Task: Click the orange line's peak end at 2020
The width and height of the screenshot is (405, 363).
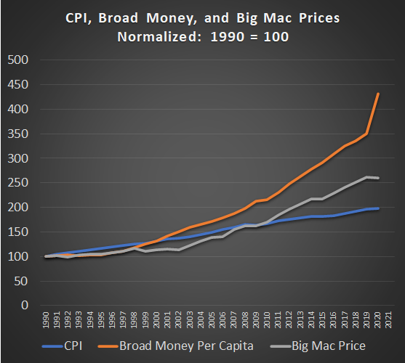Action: point(378,94)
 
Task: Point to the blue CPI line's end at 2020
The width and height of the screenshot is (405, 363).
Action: point(378,208)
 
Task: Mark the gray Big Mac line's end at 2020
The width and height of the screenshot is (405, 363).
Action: point(378,178)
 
